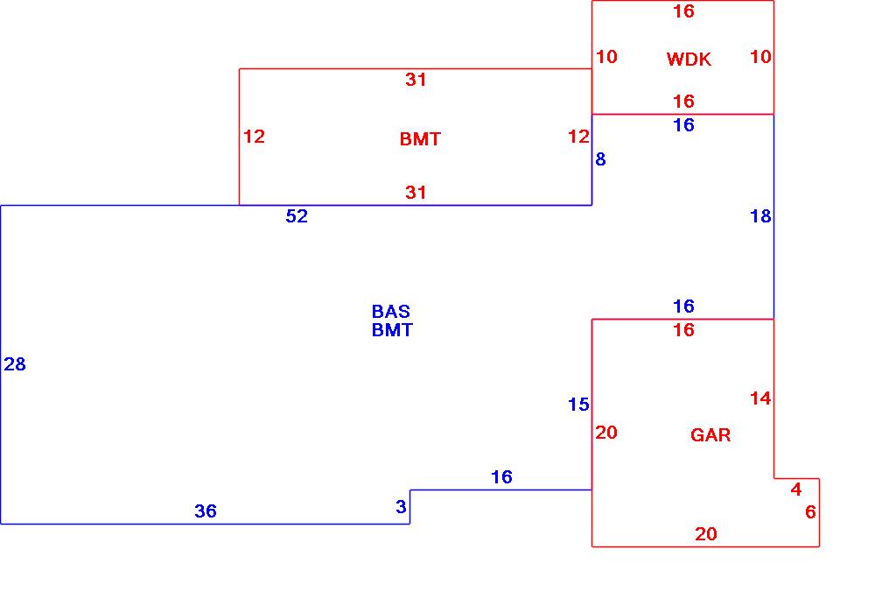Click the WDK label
pyautogui.click(x=689, y=60)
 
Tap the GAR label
pyautogui.click(x=710, y=435)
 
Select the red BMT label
pyautogui.click(x=420, y=139)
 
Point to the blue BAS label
pyautogui.click(x=391, y=312)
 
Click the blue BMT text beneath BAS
pyautogui.click(x=392, y=330)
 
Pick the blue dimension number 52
pyautogui.click(x=297, y=216)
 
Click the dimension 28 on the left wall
pyautogui.click(x=15, y=364)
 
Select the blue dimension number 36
pyautogui.click(x=206, y=511)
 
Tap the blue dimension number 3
pyautogui.click(x=401, y=507)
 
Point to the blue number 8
pyautogui.click(x=600, y=159)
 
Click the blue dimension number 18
pyautogui.click(x=760, y=216)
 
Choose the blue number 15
pyautogui.click(x=578, y=405)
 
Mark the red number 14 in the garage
pyautogui.click(x=760, y=398)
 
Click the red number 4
pyautogui.click(x=796, y=489)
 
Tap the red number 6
pyautogui.click(x=810, y=512)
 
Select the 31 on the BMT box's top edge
pyautogui.click(x=416, y=81)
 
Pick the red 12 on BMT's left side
pyautogui.click(x=254, y=137)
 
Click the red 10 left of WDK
pyautogui.click(x=606, y=57)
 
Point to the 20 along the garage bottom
pyautogui.click(x=706, y=534)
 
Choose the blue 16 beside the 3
pyautogui.click(x=501, y=477)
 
